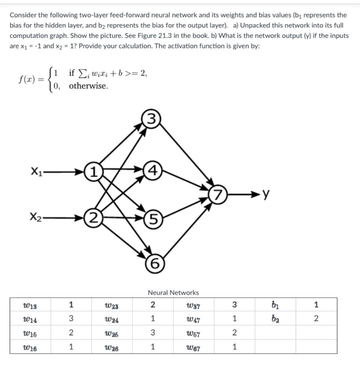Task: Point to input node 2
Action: coord(94,219)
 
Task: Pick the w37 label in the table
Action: coord(193,305)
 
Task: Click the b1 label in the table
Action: coord(275,305)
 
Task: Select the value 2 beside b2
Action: coord(316,319)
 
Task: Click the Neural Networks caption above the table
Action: coord(173,293)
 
